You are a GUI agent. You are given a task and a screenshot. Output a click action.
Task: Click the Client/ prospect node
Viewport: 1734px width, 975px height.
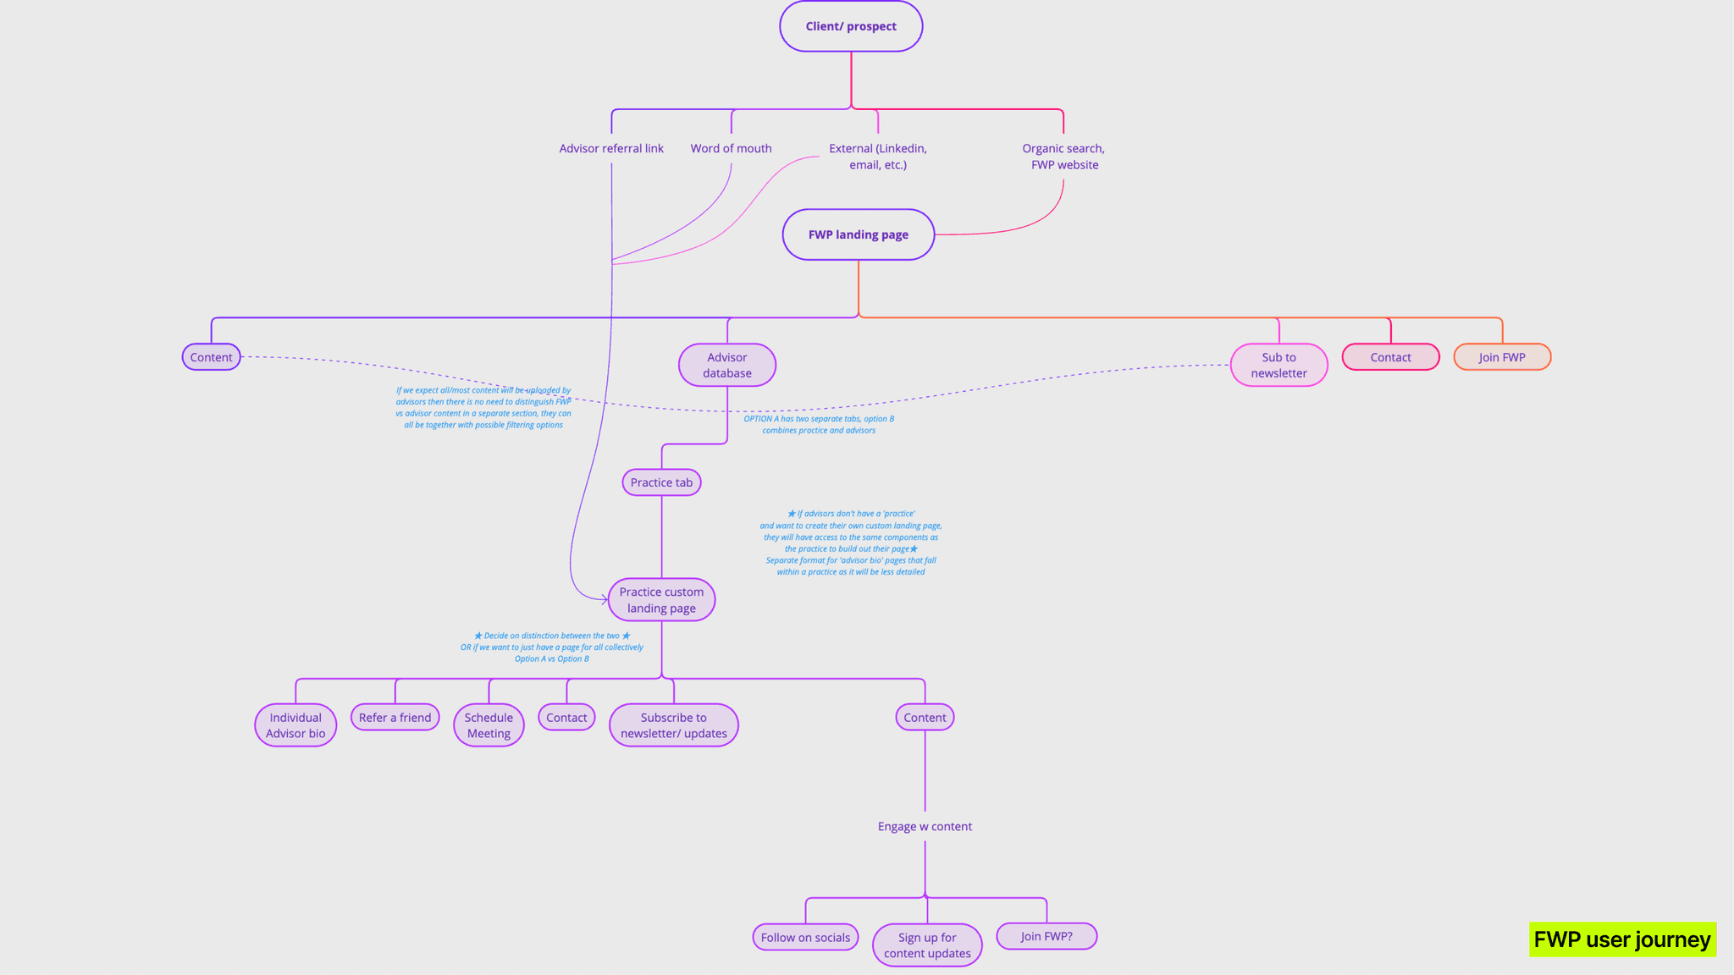851,26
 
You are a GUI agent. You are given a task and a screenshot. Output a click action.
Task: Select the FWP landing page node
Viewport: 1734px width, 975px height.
858,234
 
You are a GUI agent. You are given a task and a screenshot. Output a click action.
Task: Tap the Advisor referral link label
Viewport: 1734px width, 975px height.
611,148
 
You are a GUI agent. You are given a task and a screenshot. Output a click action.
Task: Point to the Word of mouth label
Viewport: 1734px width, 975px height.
731,148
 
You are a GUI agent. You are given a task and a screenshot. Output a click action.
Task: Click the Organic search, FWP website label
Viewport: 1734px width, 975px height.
1063,157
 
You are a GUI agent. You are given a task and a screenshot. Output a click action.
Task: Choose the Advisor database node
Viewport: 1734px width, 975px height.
727,365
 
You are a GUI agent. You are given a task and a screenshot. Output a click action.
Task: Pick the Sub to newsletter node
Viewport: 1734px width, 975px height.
1278,365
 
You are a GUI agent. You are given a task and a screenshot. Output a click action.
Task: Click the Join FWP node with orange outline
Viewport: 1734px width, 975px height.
1502,357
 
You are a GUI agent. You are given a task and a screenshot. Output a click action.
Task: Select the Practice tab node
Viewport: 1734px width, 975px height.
661,482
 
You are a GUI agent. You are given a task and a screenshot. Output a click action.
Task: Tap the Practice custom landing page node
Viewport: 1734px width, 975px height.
661,600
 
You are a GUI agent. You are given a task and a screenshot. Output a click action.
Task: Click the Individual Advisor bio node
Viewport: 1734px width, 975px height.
295,725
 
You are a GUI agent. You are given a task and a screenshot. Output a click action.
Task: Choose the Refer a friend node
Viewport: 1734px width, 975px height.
395,718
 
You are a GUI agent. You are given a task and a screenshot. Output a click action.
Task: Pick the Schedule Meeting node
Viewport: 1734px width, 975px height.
489,725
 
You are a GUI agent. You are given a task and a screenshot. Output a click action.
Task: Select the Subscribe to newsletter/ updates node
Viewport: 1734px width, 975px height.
674,725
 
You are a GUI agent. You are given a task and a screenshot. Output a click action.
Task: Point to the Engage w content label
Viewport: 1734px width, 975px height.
925,826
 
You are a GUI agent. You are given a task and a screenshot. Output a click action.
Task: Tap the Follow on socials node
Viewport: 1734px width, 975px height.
805,937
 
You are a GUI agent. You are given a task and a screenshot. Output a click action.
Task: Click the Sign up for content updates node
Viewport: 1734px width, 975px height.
927,945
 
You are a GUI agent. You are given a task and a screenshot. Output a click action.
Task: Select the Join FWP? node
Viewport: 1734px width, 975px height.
1046,936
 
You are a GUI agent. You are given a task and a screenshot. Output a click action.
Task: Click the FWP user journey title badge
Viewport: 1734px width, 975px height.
1622,939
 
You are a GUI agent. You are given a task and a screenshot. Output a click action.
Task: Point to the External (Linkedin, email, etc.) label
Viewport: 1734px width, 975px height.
878,157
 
